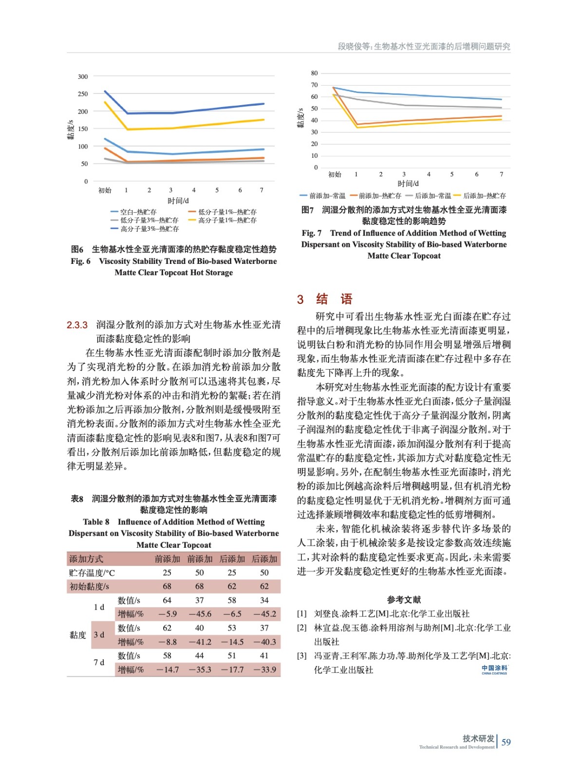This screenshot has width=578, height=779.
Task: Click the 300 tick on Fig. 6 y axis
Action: (x=83, y=76)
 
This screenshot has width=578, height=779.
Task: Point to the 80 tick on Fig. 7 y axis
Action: (x=314, y=73)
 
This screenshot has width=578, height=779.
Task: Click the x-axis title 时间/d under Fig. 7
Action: (x=408, y=184)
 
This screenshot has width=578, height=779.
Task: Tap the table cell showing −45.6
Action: (x=200, y=614)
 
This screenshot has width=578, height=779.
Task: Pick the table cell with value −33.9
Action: (x=264, y=669)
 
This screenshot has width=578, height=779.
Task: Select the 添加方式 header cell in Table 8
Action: (x=86, y=559)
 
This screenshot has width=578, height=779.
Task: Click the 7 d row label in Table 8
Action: (x=99, y=662)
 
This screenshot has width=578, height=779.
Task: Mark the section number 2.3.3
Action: (x=77, y=325)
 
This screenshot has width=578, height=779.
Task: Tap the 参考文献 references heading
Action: (x=404, y=600)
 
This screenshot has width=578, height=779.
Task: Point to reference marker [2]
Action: (x=302, y=628)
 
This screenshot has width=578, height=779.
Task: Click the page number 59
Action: (x=506, y=742)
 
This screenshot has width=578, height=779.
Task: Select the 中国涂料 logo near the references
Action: (x=494, y=669)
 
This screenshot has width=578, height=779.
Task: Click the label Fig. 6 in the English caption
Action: (x=80, y=261)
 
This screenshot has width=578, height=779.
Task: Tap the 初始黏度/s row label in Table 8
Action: (x=89, y=586)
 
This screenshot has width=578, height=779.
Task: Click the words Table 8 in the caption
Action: (x=96, y=521)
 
